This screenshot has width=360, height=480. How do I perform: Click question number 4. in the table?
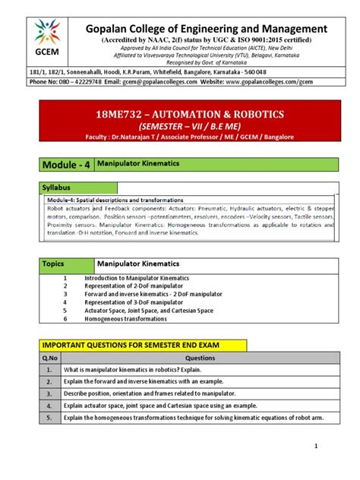(49, 406)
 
